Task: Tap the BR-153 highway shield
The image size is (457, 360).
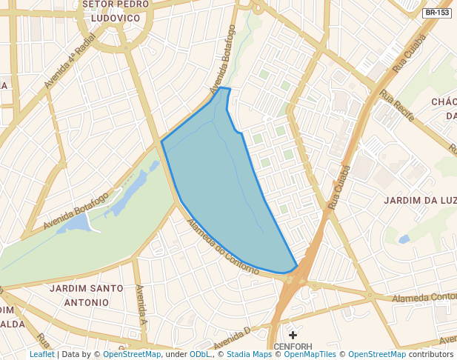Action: pyautogui.click(x=437, y=13)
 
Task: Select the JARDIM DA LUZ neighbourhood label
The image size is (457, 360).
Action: pyautogui.click(x=419, y=201)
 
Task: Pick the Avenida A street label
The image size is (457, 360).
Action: pyautogui.click(x=141, y=304)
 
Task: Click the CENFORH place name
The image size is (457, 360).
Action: pyautogui.click(x=293, y=346)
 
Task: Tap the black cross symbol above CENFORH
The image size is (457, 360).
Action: pyautogui.click(x=293, y=335)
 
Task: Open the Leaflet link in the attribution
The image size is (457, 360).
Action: pyautogui.click(x=41, y=354)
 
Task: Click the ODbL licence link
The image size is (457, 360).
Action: pyautogui.click(x=199, y=354)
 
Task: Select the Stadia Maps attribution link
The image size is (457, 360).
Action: pyautogui.click(x=248, y=354)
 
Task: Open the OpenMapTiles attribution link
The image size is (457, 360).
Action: pyautogui.click(x=310, y=354)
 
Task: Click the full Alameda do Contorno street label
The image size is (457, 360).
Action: pyautogui.click(x=222, y=248)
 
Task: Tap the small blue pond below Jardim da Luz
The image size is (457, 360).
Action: pyautogui.click(x=403, y=239)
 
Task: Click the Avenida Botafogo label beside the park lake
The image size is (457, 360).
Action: pyautogui.click(x=76, y=210)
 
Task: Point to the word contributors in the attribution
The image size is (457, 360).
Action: pyautogui.click(x=431, y=354)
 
